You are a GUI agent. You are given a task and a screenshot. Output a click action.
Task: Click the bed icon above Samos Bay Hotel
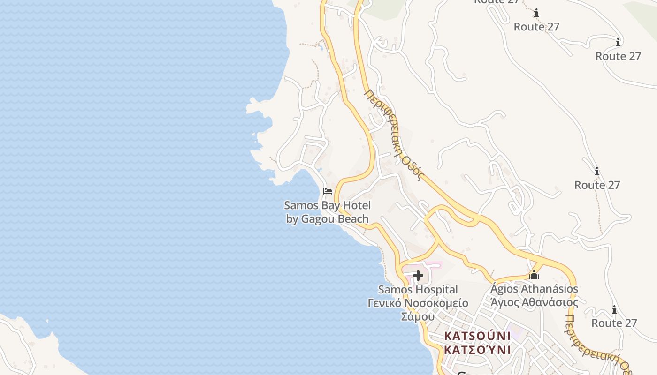pyautogui.click(x=328, y=191)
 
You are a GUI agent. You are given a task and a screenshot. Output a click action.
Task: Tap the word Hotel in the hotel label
pyautogui.click(x=357, y=205)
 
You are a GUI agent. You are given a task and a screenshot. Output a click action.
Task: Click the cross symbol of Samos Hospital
pyautogui.click(x=418, y=276)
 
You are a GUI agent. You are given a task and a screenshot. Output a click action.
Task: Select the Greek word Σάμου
pyautogui.click(x=418, y=316)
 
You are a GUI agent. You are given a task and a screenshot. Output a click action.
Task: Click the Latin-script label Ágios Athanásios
pyautogui.click(x=534, y=288)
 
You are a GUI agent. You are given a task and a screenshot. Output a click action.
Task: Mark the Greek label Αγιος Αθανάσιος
pyautogui.click(x=534, y=302)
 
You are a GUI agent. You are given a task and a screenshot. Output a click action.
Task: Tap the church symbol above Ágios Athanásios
pyautogui.click(x=534, y=275)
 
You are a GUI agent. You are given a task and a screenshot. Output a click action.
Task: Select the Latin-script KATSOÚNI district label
pyautogui.click(x=477, y=336)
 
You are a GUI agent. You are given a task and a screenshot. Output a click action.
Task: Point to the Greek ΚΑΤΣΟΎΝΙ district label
pyautogui.click(x=477, y=350)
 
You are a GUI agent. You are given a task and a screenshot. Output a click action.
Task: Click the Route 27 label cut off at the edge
pyautogui.click(x=497, y=1)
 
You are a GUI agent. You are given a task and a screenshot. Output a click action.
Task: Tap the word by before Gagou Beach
pyautogui.click(x=292, y=219)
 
